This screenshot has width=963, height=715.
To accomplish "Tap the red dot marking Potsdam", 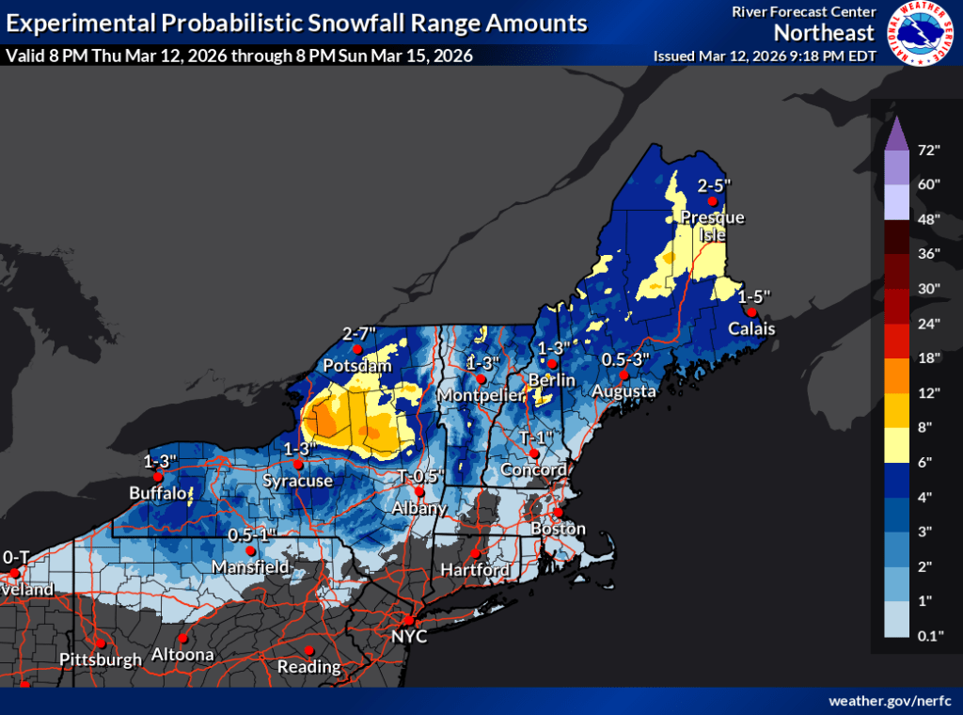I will [x=356, y=349].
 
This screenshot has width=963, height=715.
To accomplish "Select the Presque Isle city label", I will [x=712, y=226].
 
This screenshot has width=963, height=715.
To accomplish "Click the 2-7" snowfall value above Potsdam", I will [x=359, y=333].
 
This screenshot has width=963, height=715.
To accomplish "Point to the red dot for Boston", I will [x=558, y=513].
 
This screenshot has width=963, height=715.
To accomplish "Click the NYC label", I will [x=410, y=637].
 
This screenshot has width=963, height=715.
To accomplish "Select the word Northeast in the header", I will [x=825, y=32].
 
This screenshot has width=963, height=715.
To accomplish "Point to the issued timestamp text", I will [x=765, y=56].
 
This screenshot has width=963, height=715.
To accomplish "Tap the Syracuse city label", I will [x=298, y=481].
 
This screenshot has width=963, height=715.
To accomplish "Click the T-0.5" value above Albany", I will [x=421, y=475].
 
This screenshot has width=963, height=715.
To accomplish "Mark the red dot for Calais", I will [x=751, y=312].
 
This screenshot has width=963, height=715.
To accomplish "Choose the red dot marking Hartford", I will [x=476, y=554].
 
